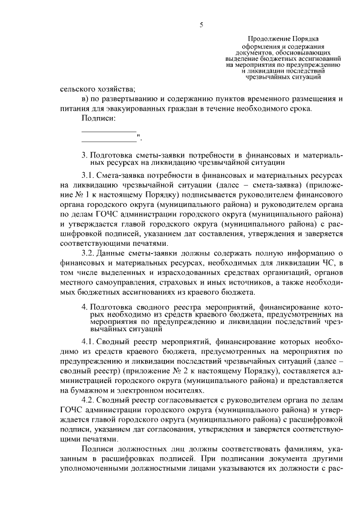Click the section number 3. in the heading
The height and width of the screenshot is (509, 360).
84,154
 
